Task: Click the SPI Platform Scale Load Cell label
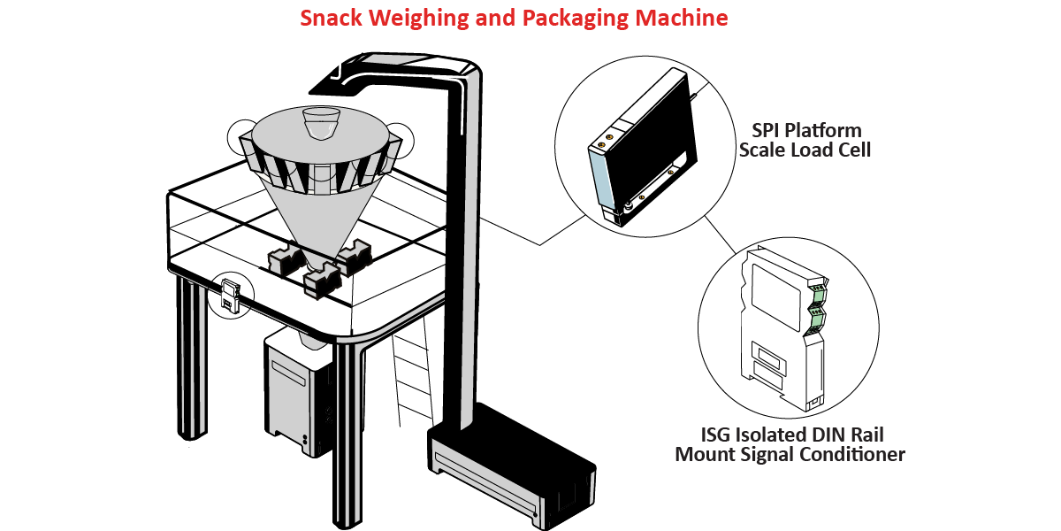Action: [x=805, y=140]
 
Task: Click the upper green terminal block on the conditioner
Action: [x=817, y=288]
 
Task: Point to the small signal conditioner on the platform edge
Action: [x=229, y=295]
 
